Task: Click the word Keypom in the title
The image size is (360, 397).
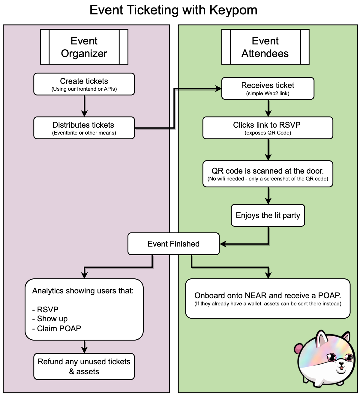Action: (x=233, y=10)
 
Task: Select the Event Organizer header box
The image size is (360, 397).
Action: (x=84, y=47)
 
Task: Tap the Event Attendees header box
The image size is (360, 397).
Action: (x=265, y=47)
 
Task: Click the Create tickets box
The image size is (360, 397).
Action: (x=84, y=84)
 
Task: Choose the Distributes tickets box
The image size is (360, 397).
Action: (x=84, y=128)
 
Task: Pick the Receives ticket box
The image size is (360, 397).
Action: (x=268, y=89)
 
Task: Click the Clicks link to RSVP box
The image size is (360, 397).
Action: (x=268, y=128)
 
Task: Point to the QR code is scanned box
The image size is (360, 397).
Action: (x=268, y=174)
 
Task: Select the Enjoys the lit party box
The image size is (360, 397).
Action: (x=268, y=215)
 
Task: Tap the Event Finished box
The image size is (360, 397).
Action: (x=173, y=244)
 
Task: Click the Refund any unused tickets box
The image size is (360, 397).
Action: (x=84, y=366)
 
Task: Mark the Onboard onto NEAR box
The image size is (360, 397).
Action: (x=268, y=299)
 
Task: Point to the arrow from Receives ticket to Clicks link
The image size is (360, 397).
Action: (x=268, y=108)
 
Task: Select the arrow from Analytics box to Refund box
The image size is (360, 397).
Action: (x=84, y=347)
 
